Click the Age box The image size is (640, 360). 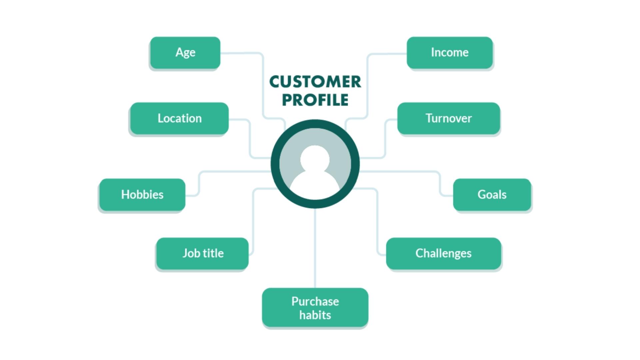185,53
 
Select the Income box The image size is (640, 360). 449,53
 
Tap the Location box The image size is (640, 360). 179,118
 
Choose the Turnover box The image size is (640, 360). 448,118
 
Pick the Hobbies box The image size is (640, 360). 142,195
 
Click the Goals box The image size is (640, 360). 492,195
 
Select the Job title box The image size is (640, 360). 202,253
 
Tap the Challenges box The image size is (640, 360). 443,253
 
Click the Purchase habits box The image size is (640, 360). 315,308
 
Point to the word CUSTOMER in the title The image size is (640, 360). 315,82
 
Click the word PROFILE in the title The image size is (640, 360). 315,100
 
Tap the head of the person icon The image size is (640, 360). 315,159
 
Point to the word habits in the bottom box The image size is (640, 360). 315,315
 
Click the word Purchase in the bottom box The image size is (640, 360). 315,301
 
